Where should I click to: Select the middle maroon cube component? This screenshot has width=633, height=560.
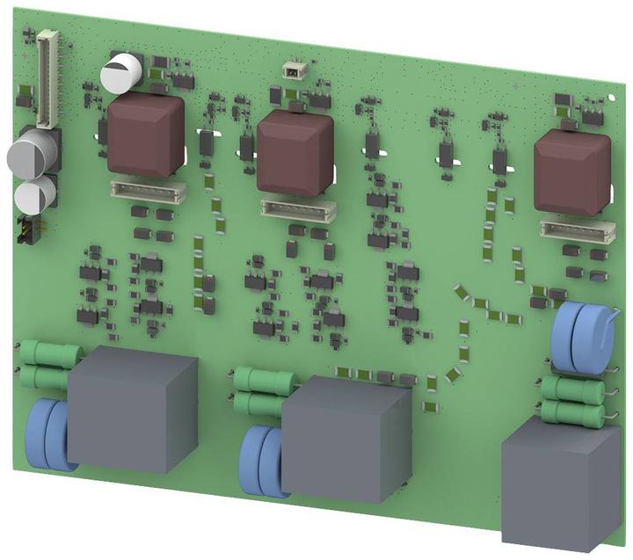(295, 153)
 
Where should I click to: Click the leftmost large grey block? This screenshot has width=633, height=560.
(133, 409)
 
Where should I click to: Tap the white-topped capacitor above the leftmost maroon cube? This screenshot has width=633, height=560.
(121, 71)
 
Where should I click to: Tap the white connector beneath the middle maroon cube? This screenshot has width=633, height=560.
(300, 207)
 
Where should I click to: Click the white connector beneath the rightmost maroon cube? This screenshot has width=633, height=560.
(577, 229)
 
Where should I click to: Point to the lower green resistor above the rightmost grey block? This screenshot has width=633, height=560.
(571, 411)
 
